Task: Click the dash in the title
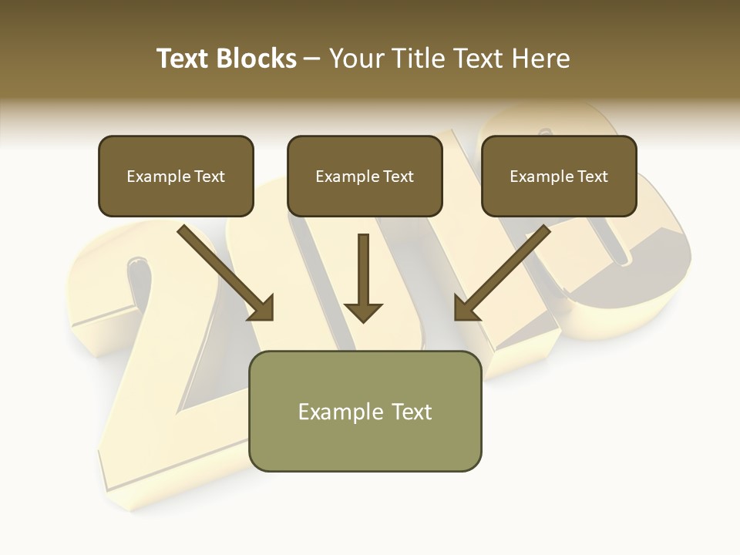click(312, 59)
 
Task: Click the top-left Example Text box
click(176, 176)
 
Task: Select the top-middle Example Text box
click(365, 176)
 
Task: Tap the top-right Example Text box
click(559, 176)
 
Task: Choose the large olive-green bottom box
click(365, 411)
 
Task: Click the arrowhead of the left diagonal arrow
click(262, 308)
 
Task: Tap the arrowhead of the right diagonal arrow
click(466, 308)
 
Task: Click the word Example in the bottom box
click(337, 412)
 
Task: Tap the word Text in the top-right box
click(593, 177)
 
